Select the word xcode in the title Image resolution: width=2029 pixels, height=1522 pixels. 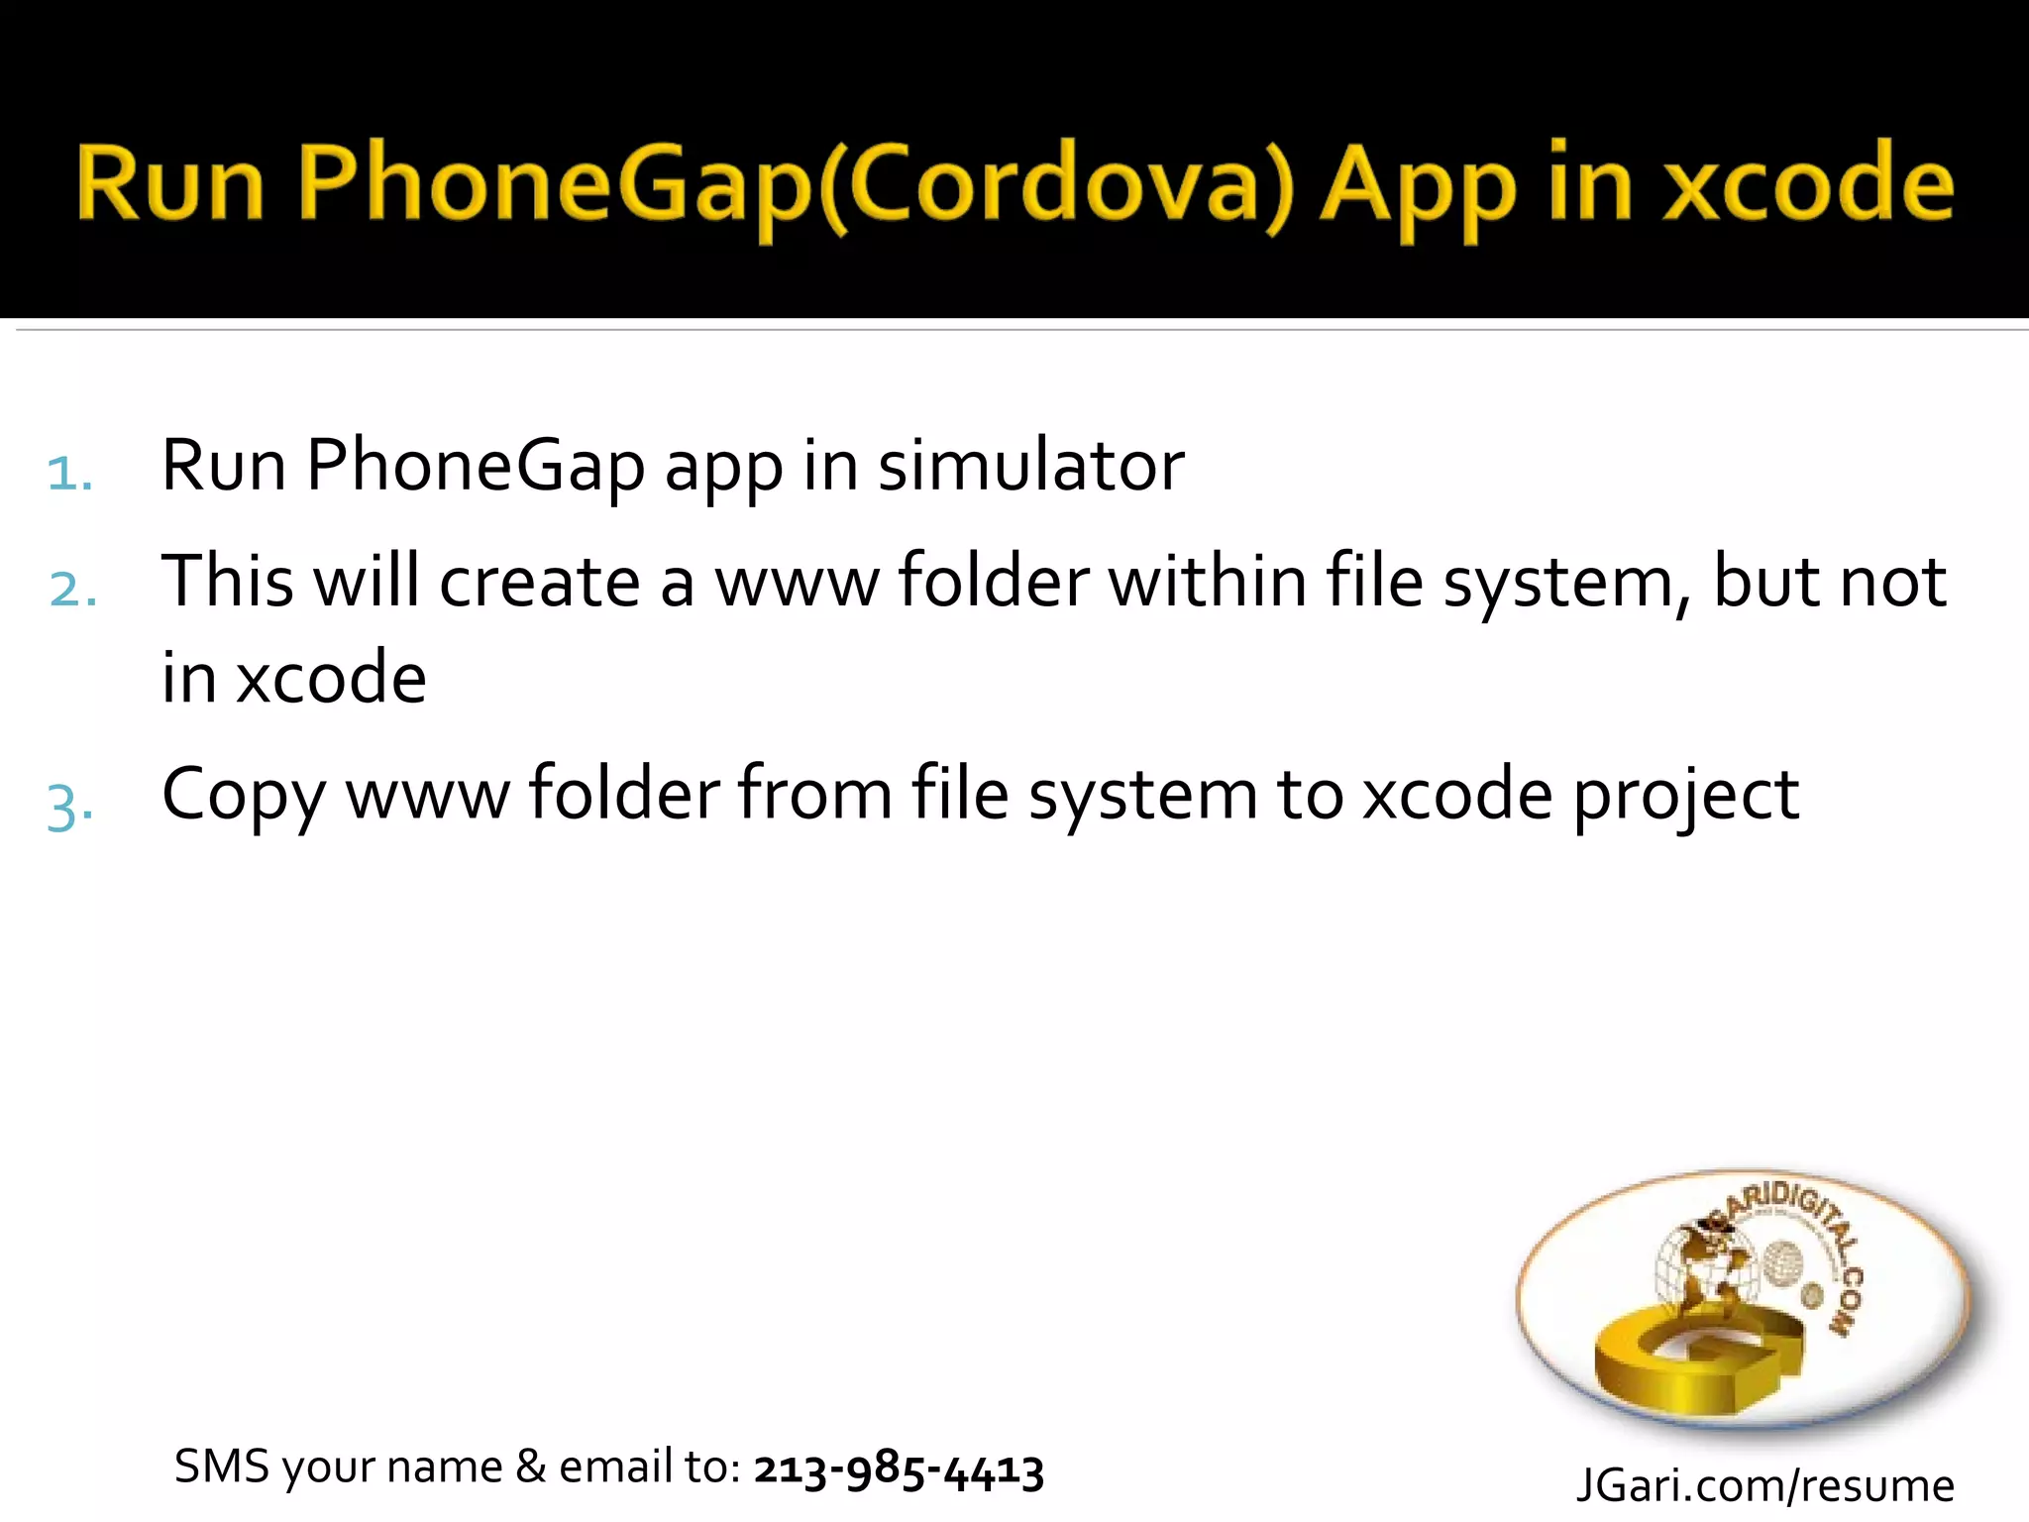click(x=1809, y=183)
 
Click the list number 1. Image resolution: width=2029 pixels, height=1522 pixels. click(x=69, y=473)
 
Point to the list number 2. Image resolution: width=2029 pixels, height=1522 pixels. click(x=72, y=590)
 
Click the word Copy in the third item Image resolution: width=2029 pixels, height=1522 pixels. click(x=244, y=796)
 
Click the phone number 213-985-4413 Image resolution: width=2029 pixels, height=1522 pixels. click(x=899, y=1469)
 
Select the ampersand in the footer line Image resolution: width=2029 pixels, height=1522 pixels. click(x=531, y=1467)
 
